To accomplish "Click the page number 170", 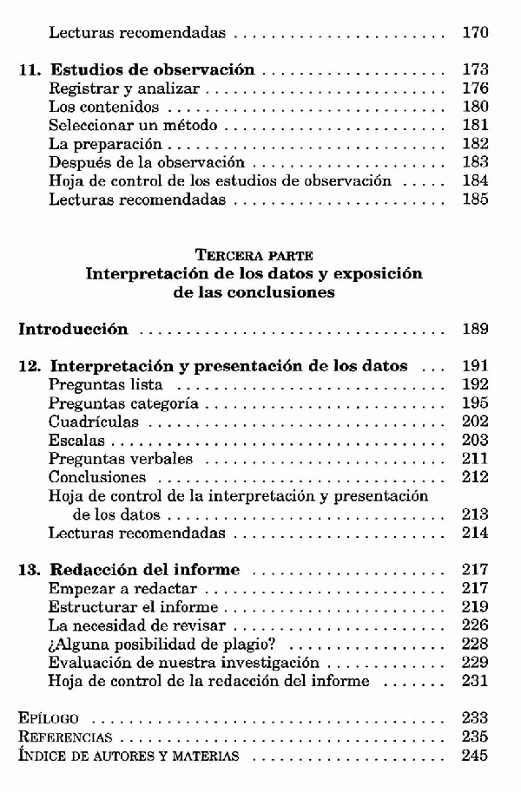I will point(475,34).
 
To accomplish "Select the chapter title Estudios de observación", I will point(152,70).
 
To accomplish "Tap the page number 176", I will point(475,88).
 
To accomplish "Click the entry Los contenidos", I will point(104,108).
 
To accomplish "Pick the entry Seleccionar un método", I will point(133,126).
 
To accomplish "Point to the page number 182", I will point(475,144).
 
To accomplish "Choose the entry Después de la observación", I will point(147,163).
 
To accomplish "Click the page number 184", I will point(475,181).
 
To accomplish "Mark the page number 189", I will point(475,330).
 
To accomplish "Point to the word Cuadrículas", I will point(94,422).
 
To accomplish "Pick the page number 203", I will point(475,441).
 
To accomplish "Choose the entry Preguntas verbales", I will point(121,459).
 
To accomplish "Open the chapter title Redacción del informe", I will point(145,571).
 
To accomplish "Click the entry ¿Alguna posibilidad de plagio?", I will point(154,645).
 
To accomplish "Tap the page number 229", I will point(475,663).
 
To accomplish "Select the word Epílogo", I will point(49,719).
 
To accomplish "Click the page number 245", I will point(475,756).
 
